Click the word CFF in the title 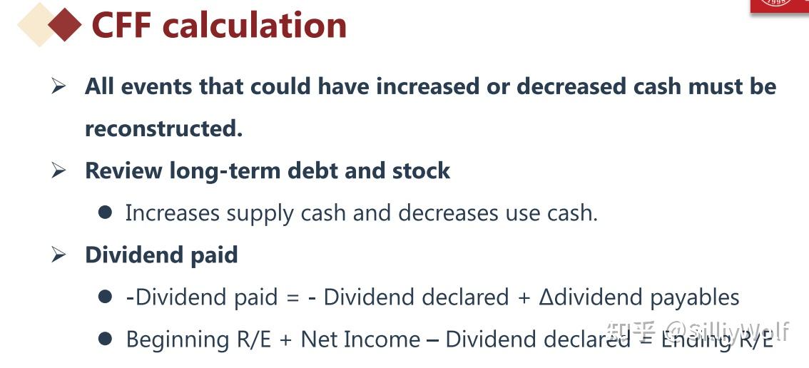click(x=123, y=25)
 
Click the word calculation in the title click(x=255, y=25)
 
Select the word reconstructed click(x=163, y=128)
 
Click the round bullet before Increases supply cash click(x=106, y=213)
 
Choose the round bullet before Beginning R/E click(x=106, y=339)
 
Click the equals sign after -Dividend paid click(x=292, y=297)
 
